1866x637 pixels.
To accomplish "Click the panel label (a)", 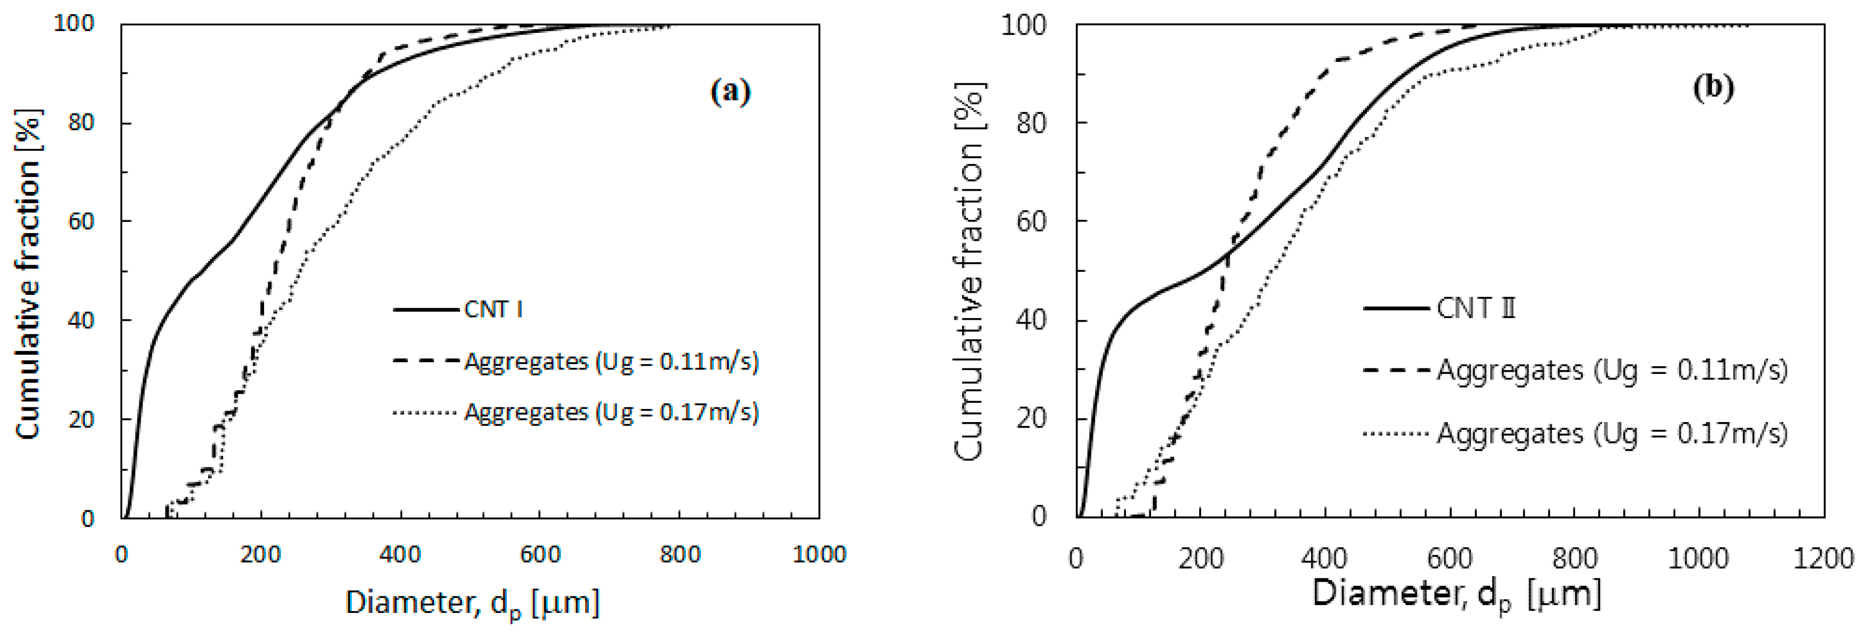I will (730, 92).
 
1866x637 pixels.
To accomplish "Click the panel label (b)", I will (1713, 87).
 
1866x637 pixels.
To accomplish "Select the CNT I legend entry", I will (493, 309).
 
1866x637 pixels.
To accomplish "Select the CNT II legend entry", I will (1475, 308).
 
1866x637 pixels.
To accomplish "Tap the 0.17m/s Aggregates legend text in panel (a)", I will (611, 412).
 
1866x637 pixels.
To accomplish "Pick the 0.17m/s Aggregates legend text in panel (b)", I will (1612, 434).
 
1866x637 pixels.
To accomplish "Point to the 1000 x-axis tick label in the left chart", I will (819, 555).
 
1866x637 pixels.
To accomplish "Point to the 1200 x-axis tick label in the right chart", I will (1823, 558).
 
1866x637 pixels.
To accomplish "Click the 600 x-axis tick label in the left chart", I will (540, 555).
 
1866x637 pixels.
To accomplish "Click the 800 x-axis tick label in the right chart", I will (1574, 558).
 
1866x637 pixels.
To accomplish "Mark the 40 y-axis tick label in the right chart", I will (1032, 320).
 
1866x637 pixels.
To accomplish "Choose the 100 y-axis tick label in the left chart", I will (75, 24).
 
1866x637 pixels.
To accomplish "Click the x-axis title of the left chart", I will (472, 603).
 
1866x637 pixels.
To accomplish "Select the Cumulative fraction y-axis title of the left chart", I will (29, 274).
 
